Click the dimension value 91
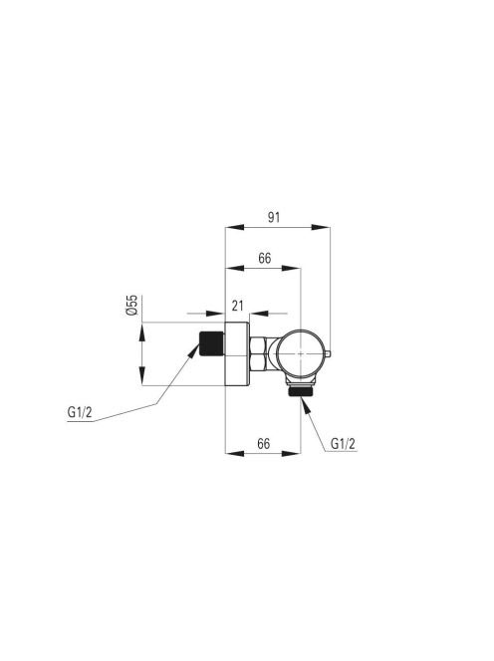(x=274, y=217)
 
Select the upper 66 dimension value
(x=265, y=258)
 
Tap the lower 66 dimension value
(x=264, y=443)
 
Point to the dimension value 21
(x=238, y=306)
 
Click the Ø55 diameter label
(x=132, y=306)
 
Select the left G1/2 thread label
(x=80, y=412)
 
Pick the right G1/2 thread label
(x=343, y=443)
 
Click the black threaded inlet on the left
(x=211, y=343)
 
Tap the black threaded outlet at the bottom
(x=300, y=391)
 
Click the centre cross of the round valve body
(x=300, y=353)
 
